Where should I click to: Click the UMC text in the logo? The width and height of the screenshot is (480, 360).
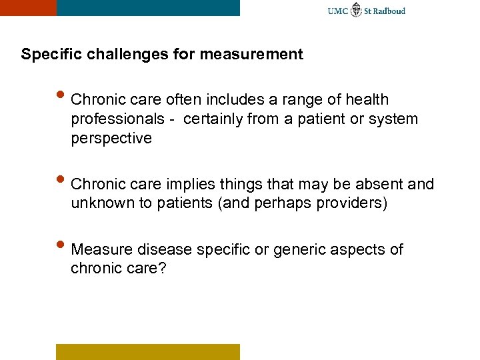(x=338, y=11)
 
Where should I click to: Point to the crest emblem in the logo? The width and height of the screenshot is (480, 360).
(x=357, y=10)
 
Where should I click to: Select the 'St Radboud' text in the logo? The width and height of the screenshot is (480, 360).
(x=385, y=11)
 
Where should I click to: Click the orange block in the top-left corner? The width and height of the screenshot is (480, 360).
(x=28, y=7)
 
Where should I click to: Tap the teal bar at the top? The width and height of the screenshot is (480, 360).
(x=148, y=7)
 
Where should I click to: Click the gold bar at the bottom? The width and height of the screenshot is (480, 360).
(x=147, y=351)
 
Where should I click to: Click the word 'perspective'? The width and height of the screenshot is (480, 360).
(x=111, y=138)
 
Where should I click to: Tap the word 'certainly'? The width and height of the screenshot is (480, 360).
(x=213, y=119)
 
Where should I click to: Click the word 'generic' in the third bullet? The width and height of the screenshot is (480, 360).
(x=303, y=250)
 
